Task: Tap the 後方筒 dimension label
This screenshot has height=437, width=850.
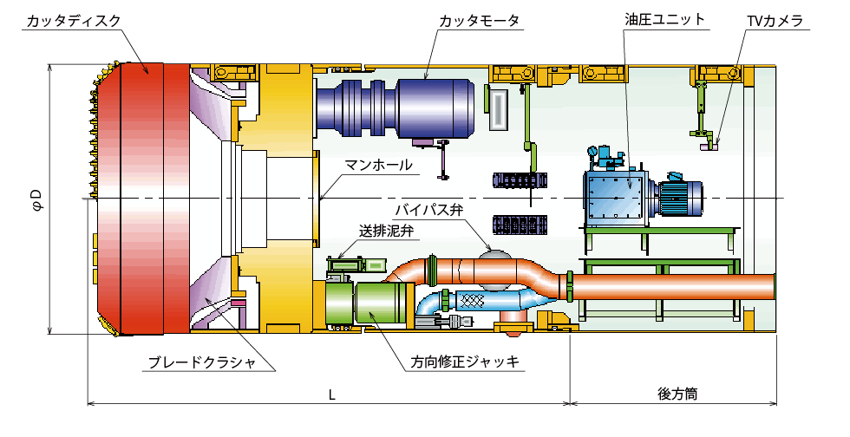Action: click(677, 393)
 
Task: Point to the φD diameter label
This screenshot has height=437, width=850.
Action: click(36, 200)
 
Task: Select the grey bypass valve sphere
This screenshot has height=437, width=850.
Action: click(494, 262)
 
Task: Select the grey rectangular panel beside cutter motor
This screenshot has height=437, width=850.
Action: click(500, 108)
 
